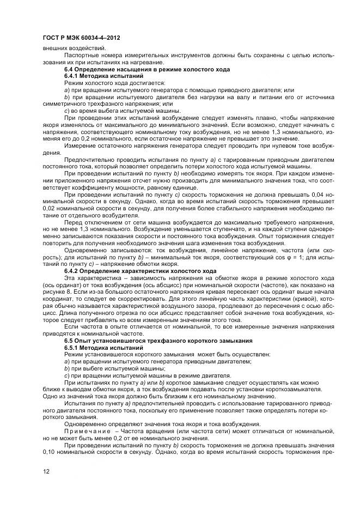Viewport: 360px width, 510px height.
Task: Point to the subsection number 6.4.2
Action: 72,271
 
